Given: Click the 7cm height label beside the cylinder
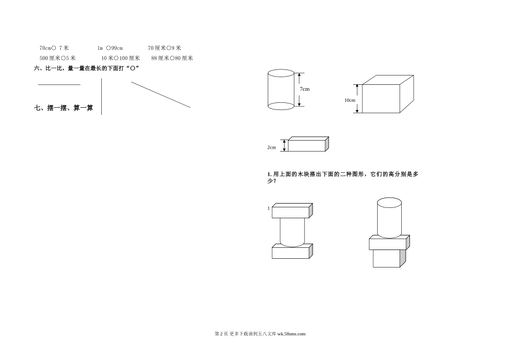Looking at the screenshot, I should click(x=305, y=89).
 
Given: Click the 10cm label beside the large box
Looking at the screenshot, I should click(x=350, y=100).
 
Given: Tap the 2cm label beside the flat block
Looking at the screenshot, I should click(x=272, y=147).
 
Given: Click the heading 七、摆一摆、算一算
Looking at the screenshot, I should click(x=63, y=108).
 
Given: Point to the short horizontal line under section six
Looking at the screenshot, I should click(x=59, y=85).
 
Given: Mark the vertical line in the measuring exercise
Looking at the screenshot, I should click(x=102, y=96).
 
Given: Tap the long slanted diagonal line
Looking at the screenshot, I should click(x=161, y=95).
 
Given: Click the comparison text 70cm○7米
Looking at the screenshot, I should click(x=54, y=48).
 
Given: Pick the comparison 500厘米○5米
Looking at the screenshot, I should click(x=57, y=57).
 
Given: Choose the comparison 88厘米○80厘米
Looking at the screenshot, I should click(x=172, y=57).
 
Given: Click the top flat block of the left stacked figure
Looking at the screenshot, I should click(x=292, y=211).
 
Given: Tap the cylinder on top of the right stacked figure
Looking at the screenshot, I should click(x=389, y=217).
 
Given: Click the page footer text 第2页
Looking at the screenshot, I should click(x=219, y=333).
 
